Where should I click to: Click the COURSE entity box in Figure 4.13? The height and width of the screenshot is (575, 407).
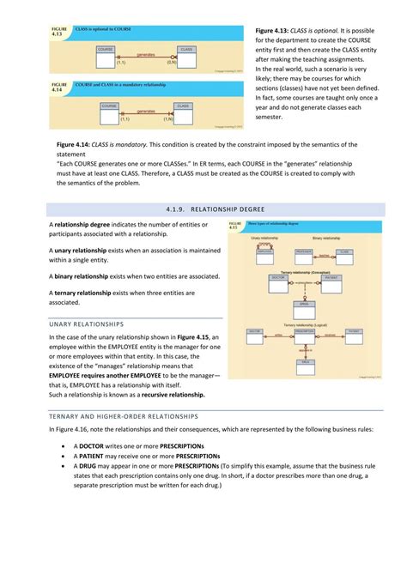pyautogui.click(x=106, y=50)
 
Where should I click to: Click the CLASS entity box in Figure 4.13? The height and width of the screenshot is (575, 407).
pyautogui.click(x=186, y=50)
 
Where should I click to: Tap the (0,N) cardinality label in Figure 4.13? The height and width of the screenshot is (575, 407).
pyautogui.click(x=172, y=62)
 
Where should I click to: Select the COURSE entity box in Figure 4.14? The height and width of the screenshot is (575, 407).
pyautogui.click(x=109, y=106)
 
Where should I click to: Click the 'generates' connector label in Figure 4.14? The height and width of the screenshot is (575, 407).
pyautogui.click(x=145, y=110)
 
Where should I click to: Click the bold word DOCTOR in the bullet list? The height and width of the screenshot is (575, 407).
pyautogui.click(x=96, y=446)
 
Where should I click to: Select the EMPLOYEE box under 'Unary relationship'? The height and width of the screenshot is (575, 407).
pyautogui.click(x=264, y=251)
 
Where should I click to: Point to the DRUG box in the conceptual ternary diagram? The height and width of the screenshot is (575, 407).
pyautogui.click(x=304, y=304)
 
